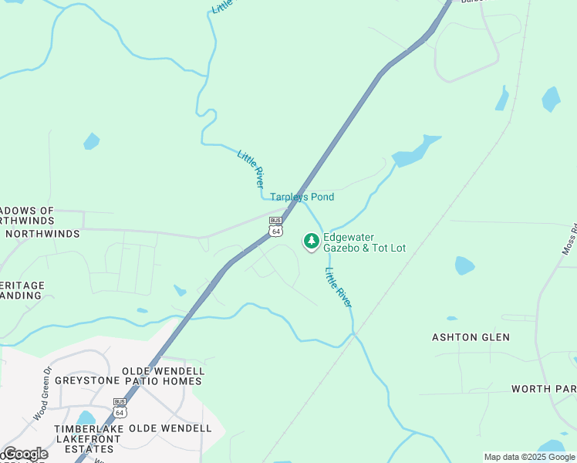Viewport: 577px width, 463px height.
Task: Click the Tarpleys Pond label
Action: pyautogui.click(x=302, y=198)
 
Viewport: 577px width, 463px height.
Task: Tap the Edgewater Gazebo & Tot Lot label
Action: pyautogui.click(x=364, y=243)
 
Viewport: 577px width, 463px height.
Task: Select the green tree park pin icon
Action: pyautogui.click(x=311, y=242)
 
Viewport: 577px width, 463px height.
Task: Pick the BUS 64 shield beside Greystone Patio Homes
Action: pyautogui.click(x=120, y=407)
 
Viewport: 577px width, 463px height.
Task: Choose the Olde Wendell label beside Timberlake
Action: pyautogui.click(x=170, y=428)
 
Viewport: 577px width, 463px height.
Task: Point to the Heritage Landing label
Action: pyautogui.click(x=22, y=290)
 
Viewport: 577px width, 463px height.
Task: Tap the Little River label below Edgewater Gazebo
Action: pyautogui.click(x=339, y=288)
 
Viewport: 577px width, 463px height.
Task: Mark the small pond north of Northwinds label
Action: pyautogui.click(x=91, y=141)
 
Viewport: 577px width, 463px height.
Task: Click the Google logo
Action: pyautogui.click(x=25, y=454)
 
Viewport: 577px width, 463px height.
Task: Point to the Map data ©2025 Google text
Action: pyautogui.click(x=529, y=457)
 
